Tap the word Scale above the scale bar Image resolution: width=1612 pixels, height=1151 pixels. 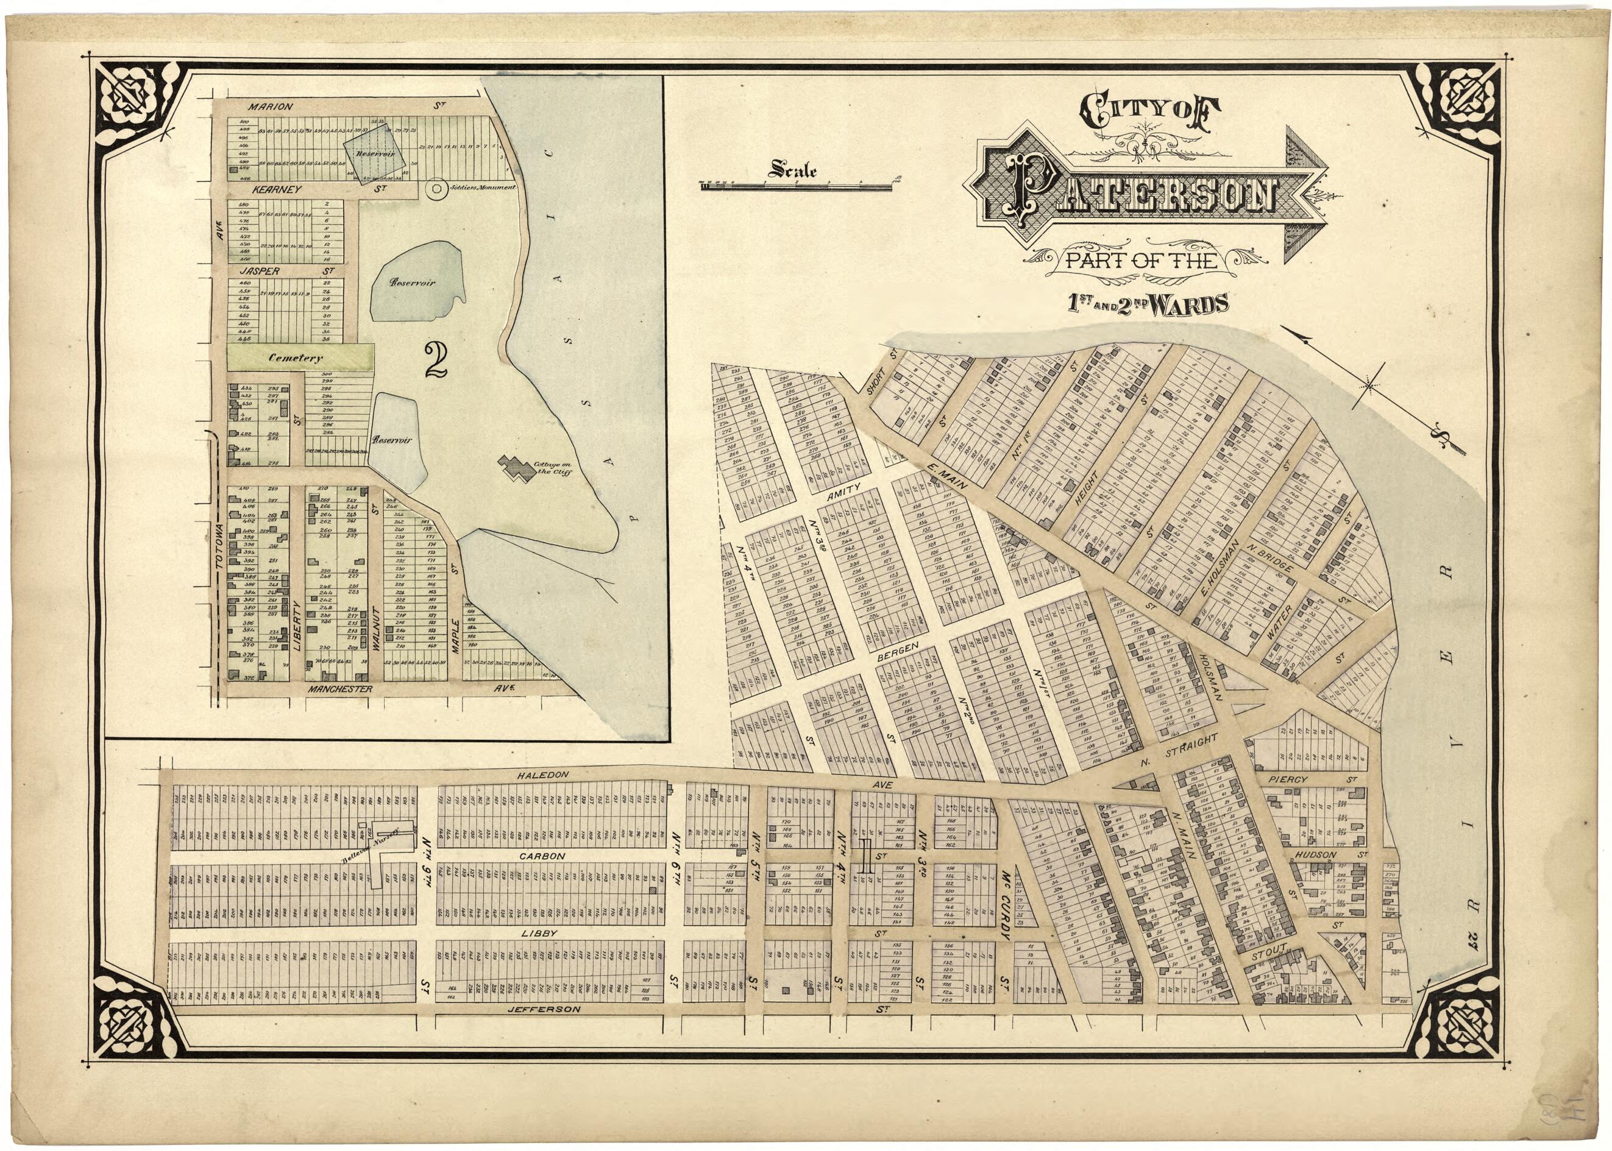coord(793,170)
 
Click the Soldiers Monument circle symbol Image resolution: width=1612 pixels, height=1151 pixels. coord(436,189)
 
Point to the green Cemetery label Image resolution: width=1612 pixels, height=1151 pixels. coord(296,358)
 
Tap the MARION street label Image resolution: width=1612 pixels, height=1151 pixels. coord(270,107)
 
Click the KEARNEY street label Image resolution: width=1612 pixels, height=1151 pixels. coord(277,189)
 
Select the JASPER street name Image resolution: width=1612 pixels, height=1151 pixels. coord(260,271)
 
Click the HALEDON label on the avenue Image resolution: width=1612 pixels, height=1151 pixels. coord(542,775)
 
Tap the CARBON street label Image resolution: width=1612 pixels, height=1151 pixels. coord(542,856)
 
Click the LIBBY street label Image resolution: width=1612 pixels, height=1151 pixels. coord(539,934)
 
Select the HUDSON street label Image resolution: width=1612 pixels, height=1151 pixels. coord(1316,855)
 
